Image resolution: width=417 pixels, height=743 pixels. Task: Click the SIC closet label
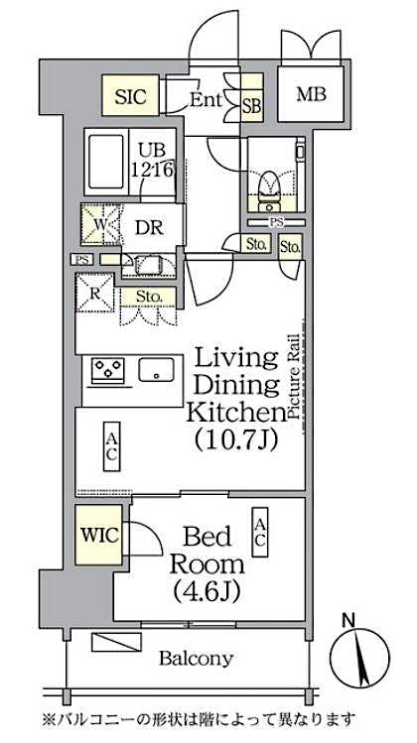point(130,97)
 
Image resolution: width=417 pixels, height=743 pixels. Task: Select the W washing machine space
point(98,223)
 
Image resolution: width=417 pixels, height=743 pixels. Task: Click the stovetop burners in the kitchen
point(108,371)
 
